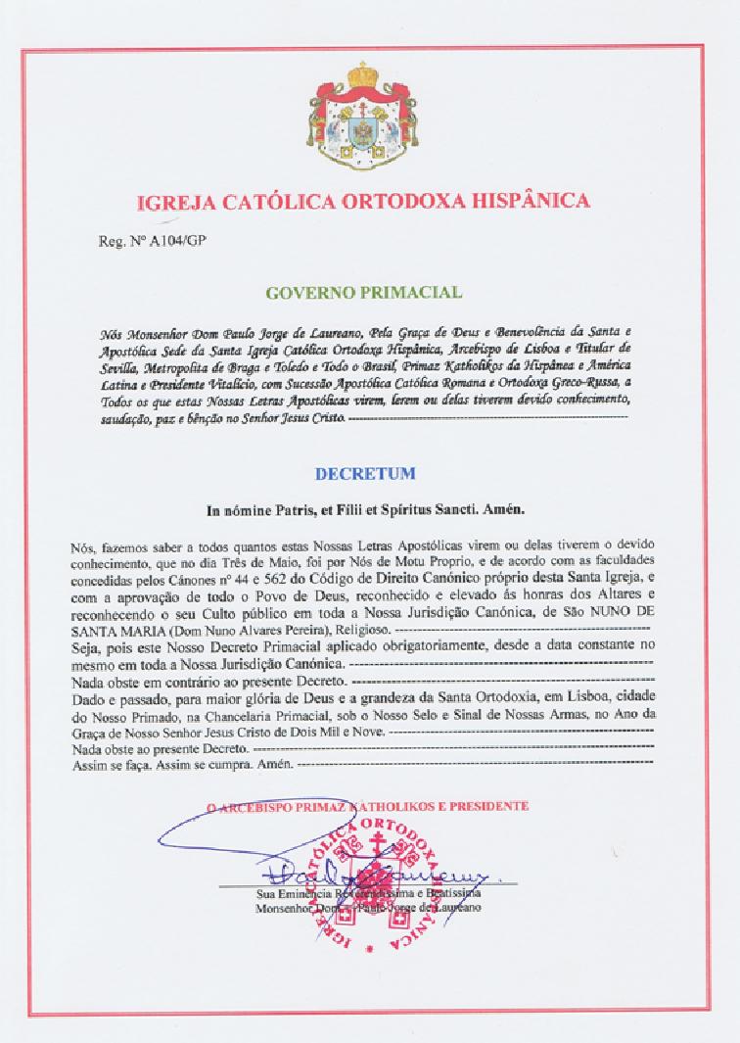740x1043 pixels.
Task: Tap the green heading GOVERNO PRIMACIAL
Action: [x=363, y=292]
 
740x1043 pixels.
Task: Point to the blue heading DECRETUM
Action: [x=364, y=473]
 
